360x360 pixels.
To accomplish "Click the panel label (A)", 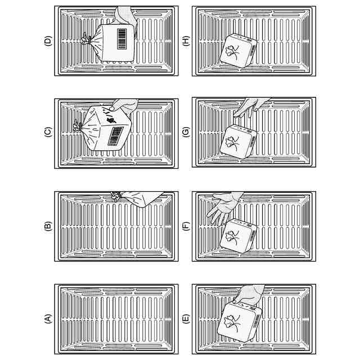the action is (x=48, y=319).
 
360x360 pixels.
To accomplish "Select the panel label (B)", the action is (x=48, y=227).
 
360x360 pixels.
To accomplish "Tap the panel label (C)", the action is (x=48, y=133).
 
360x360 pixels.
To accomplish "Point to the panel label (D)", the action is (x=48, y=40).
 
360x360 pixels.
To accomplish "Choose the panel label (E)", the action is (x=186, y=319).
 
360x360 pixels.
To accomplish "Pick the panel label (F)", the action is (x=186, y=227).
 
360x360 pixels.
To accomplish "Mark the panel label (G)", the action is (x=186, y=133).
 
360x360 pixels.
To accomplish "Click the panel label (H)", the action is (x=186, y=40).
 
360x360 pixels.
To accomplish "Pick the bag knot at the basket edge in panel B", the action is (x=116, y=196).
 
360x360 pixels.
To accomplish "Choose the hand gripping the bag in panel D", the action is (x=125, y=16).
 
